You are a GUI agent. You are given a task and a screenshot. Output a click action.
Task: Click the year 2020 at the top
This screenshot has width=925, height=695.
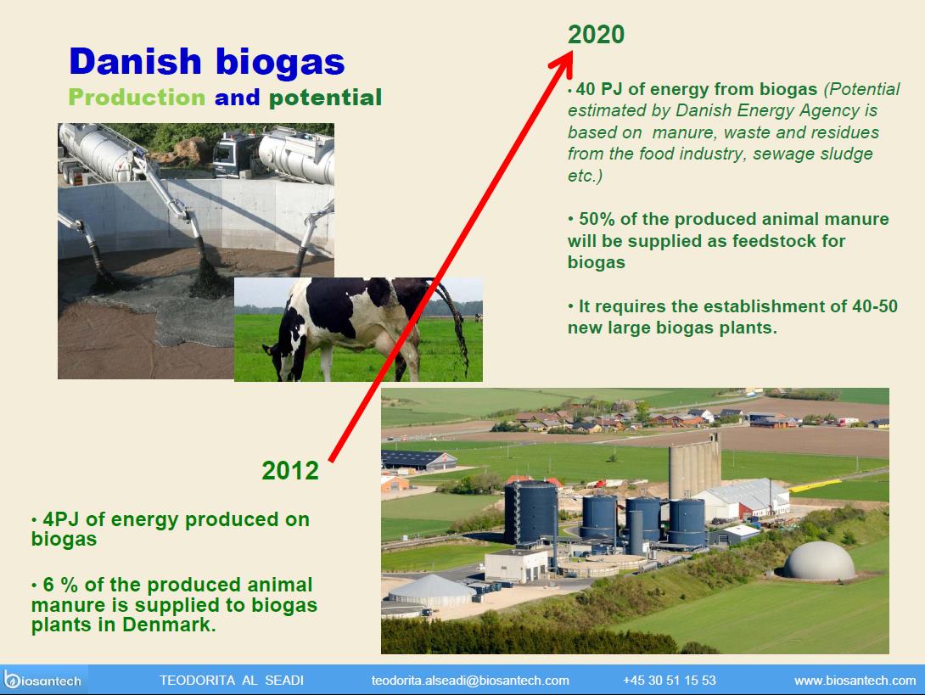click(x=596, y=34)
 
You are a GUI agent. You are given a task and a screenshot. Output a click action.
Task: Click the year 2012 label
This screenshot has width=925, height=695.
click(x=290, y=470)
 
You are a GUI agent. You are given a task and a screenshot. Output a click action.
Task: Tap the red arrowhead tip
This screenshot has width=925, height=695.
click(x=572, y=52)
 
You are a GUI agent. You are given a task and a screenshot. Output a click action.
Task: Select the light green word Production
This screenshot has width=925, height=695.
click(x=137, y=98)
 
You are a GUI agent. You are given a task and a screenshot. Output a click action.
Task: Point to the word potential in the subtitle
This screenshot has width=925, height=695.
click(x=326, y=98)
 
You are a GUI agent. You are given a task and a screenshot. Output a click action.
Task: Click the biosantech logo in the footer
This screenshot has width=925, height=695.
click(x=42, y=680)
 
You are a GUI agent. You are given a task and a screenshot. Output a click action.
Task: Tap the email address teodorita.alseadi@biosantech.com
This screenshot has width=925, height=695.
click(x=470, y=681)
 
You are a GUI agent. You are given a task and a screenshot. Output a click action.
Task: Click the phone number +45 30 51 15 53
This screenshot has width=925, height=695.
click(x=669, y=681)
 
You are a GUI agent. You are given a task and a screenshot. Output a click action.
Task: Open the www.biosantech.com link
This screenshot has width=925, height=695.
click(x=855, y=681)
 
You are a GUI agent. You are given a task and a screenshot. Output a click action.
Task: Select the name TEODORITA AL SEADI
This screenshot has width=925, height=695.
click(x=231, y=681)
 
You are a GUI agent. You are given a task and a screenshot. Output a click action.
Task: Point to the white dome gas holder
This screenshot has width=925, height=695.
click(x=818, y=560)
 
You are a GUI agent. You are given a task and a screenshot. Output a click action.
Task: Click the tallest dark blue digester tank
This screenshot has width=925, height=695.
click(x=531, y=512)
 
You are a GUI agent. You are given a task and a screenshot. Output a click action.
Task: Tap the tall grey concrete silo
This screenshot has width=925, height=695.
click(x=694, y=469)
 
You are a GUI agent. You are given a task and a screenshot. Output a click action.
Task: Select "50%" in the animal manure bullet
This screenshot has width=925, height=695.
click(x=597, y=219)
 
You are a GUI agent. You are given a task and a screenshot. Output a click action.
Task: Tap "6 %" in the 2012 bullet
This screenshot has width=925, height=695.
click(x=60, y=585)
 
